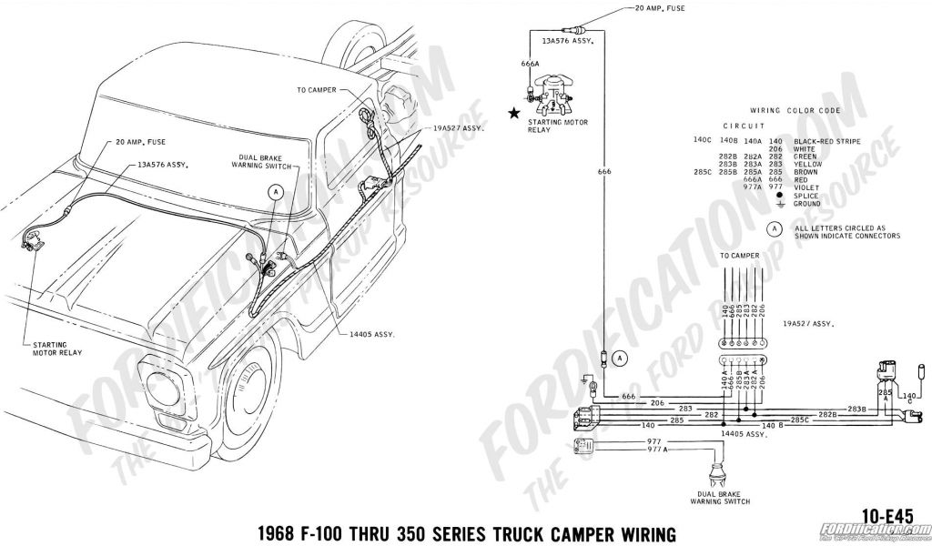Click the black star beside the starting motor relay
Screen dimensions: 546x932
click(515, 114)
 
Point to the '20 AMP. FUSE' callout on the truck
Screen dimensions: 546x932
click(140, 142)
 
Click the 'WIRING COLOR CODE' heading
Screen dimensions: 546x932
click(795, 109)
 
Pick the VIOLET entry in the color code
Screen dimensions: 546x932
click(805, 187)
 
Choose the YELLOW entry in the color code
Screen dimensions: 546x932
click(807, 164)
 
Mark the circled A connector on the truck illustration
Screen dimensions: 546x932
click(275, 191)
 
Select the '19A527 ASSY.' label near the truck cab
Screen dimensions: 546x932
click(457, 128)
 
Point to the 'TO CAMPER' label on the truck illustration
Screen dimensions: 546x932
click(317, 90)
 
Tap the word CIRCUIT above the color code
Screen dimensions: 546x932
click(744, 126)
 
